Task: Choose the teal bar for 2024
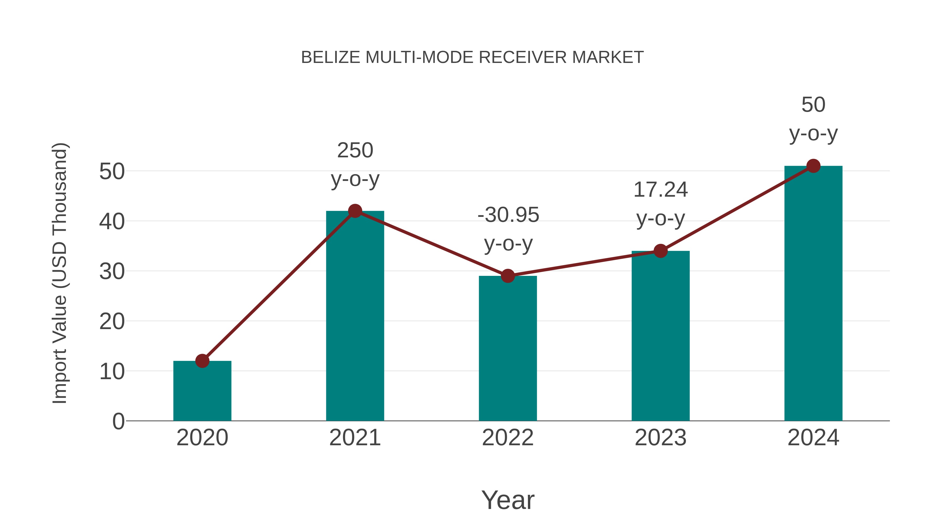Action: pyautogui.click(x=813, y=293)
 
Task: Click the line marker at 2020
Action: pyautogui.click(x=202, y=361)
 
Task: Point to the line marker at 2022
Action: pyautogui.click(x=508, y=276)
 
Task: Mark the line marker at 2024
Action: pyautogui.click(x=813, y=166)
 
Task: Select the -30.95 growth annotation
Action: pyautogui.click(x=508, y=229)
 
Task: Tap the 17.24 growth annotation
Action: pyautogui.click(x=660, y=204)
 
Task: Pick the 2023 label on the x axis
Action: pyautogui.click(x=660, y=438)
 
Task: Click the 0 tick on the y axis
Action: pyautogui.click(x=118, y=421)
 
